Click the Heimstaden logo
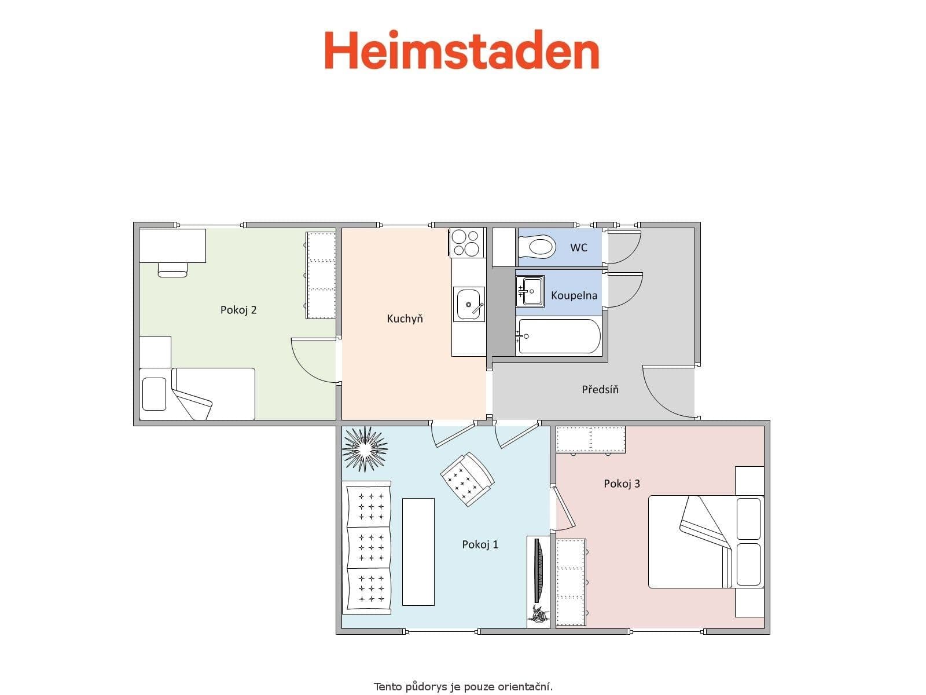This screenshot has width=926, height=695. pyautogui.click(x=461, y=50)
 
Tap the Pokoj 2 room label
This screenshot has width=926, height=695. pyautogui.click(x=238, y=310)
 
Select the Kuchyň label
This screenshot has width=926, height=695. pyautogui.click(x=405, y=319)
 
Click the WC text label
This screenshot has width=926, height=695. pyautogui.click(x=578, y=247)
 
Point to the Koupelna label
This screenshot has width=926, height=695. pyautogui.click(x=574, y=295)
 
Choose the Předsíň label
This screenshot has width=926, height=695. pyautogui.click(x=600, y=389)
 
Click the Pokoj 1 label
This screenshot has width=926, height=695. pyautogui.click(x=480, y=544)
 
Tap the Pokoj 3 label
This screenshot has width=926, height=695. pyautogui.click(x=622, y=484)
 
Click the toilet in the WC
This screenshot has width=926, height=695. pyautogui.click(x=538, y=248)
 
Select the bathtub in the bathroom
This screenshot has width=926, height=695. pyautogui.click(x=558, y=336)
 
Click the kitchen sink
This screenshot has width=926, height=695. pyautogui.click(x=469, y=305)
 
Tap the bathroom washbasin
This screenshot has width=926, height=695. pyautogui.click(x=530, y=291)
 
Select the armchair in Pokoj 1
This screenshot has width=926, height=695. pyautogui.click(x=468, y=478)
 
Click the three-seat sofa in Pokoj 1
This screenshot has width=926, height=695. pyautogui.click(x=368, y=547)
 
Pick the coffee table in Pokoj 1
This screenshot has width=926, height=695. pyautogui.click(x=418, y=551)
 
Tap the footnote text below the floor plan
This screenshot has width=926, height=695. pyautogui.click(x=463, y=687)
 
